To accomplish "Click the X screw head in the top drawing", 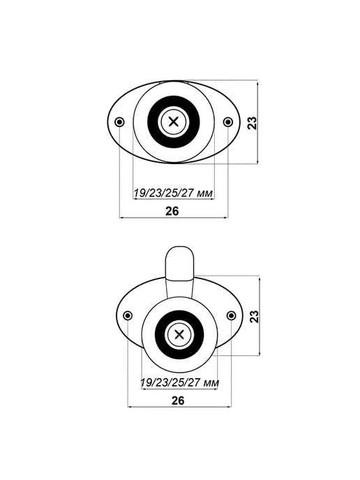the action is tap(174, 122).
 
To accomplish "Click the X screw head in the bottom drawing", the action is tap(179, 335).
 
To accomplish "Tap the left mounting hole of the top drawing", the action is tap(119, 122).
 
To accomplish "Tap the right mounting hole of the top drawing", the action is tap(227, 122).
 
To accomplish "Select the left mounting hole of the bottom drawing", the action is tap(128, 315).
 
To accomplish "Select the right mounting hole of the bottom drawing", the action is tap(232, 315).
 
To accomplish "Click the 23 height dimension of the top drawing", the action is tap(253, 123).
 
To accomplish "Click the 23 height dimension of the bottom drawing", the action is tap(255, 316).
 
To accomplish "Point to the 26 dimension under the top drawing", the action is tap(172, 211).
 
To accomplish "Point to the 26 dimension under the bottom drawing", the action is tap(178, 400).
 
